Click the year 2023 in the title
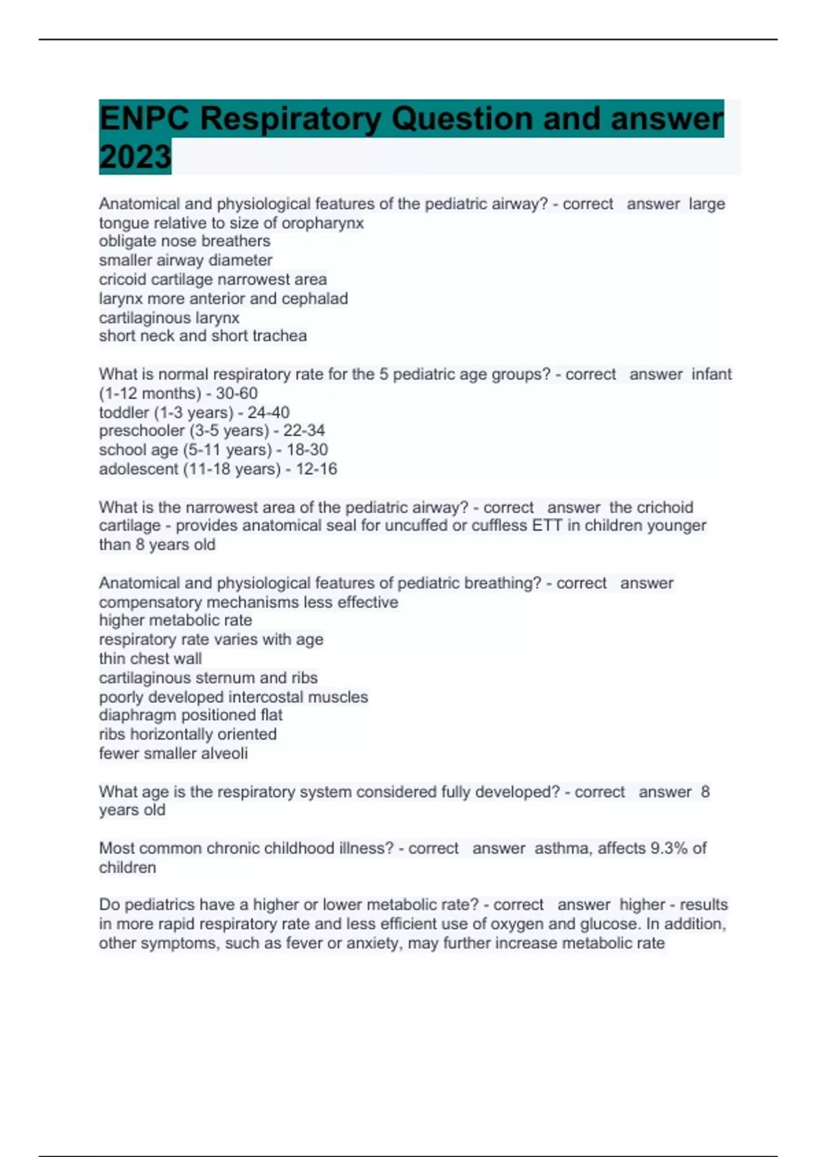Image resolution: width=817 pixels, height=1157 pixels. (x=135, y=157)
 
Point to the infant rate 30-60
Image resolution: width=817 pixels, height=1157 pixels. (x=236, y=393)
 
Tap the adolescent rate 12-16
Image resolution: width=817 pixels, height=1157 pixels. (x=316, y=469)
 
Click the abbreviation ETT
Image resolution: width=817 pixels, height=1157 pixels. (x=547, y=525)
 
